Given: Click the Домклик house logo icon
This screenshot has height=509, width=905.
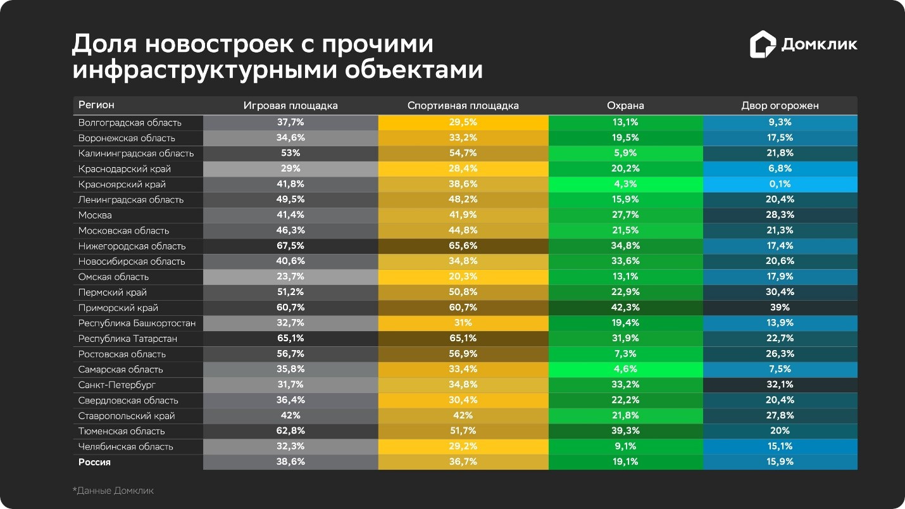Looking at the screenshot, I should [763, 45].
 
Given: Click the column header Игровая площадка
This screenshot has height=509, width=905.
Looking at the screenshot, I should [290, 106].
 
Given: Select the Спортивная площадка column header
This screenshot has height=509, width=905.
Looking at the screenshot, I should [463, 106].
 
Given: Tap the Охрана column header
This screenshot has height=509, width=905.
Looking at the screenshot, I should [625, 106].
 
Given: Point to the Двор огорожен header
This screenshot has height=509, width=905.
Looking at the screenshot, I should [780, 106].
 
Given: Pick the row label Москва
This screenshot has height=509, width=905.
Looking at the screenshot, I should [96, 215].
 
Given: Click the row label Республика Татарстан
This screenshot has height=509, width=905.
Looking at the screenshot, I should [127, 339].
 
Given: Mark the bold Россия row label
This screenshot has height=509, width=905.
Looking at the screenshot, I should [94, 462].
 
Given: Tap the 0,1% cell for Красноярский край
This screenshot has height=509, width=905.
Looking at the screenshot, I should [780, 184].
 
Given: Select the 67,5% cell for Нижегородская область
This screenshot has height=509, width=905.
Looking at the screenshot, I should [290, 246].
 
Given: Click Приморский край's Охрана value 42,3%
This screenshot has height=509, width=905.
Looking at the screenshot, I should [625, 308].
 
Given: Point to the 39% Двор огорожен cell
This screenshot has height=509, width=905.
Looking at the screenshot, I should [780, 308].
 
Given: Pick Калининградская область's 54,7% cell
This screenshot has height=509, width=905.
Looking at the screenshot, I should [463, 153].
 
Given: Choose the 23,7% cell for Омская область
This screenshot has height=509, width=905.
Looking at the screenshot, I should [290, 277].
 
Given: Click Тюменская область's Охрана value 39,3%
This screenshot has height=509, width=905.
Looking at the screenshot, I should [625, 431].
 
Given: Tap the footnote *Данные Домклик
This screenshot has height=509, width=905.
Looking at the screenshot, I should [113, 491].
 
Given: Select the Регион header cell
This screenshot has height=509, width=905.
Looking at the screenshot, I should [96, 105].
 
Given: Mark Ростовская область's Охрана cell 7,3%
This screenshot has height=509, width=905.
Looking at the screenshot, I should [625, 354].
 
